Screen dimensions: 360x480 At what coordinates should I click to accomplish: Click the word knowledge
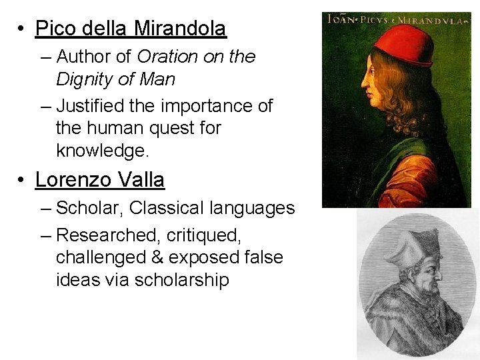[102, 150]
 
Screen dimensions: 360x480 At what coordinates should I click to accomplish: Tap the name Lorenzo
[73, 180]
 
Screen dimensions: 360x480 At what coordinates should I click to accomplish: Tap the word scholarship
[181, 280]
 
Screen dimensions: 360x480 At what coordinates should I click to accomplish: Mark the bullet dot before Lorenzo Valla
[22, 181]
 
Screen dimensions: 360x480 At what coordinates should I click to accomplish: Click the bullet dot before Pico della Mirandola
[22, 29]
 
